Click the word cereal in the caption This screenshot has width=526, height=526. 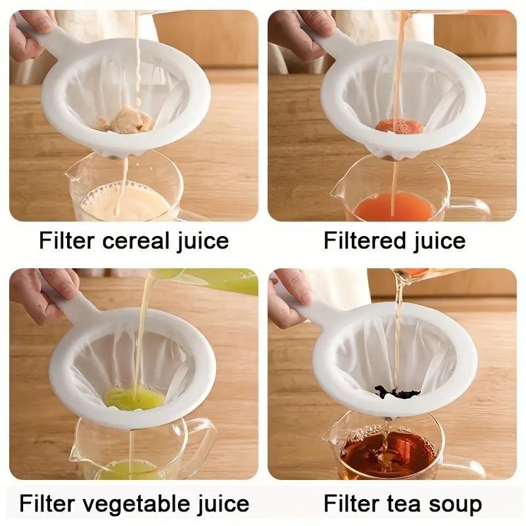tap(133, 241)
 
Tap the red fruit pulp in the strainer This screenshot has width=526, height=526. tap(398, 126)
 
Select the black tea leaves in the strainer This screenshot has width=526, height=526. tap(397, 393)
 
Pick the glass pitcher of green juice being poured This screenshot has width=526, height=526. tap(217, 281)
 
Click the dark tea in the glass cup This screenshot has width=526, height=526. tap(388, 454)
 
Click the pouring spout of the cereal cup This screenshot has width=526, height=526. tap(72, 175)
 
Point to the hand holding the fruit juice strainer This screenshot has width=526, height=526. tap(289, 33)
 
